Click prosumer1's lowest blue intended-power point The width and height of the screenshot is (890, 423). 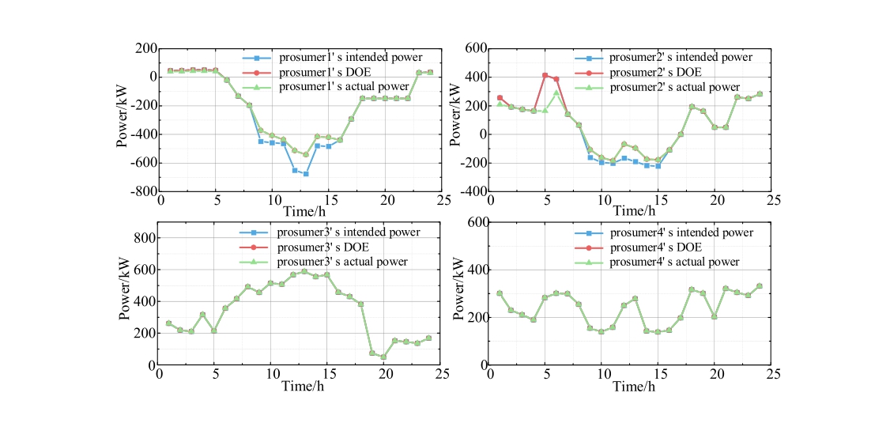point(306,173)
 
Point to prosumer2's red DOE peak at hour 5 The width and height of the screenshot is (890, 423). point(545,75)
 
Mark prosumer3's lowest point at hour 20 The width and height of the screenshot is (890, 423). point(383,357)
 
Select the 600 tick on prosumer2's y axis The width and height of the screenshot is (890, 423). point(473,48)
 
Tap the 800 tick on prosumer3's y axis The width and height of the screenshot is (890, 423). point(143,237)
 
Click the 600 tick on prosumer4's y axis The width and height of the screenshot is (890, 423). point(473,222)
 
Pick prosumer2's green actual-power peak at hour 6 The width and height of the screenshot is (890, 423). point(556,93)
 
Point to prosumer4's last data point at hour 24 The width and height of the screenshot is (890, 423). point(760,286)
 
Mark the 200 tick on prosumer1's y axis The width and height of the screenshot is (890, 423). point(143,48)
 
